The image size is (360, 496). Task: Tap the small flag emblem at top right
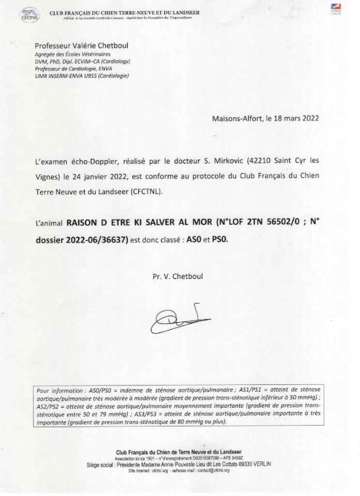[336, 9]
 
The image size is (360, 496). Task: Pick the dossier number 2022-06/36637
[94, 239]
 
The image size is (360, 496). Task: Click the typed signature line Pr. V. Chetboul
[178, 276]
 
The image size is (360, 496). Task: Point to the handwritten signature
[179, 319]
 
